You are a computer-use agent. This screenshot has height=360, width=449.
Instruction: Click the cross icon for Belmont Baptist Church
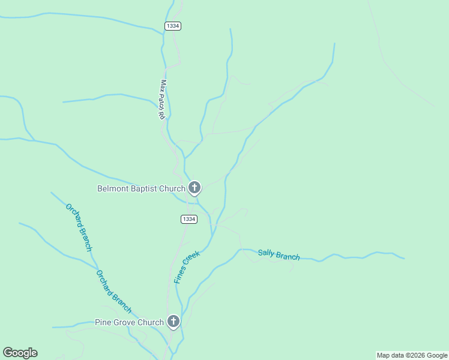click(x=194, y=188)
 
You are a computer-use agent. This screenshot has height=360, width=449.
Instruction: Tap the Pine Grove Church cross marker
click(x=173, y=322)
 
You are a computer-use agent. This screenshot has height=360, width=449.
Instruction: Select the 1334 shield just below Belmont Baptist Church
click(x=189, y=219)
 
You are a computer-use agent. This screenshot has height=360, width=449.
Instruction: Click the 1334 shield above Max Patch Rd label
click(x=173, y=26)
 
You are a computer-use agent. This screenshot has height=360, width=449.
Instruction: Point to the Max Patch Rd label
click(x=162, y=100)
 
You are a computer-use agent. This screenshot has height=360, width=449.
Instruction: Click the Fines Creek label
click(x=187, y=267)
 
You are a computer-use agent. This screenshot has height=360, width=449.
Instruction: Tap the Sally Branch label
click(x=279, y=254)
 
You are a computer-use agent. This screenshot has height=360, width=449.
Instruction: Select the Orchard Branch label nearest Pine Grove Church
click(x=113, y=291)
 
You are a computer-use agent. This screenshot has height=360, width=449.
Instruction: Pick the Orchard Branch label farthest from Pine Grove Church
click(x=79, y=227)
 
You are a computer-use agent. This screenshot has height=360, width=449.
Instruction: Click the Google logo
click(x=20, y=353)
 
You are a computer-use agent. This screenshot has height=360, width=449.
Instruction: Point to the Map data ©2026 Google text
click(x=412, y=355)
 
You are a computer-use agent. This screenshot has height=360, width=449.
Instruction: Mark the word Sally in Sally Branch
click(x=267, y=253)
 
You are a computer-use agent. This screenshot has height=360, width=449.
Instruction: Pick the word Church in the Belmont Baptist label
click(x=173, y=188)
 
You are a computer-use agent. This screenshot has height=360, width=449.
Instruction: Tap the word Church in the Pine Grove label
click(x=151, y=322)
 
